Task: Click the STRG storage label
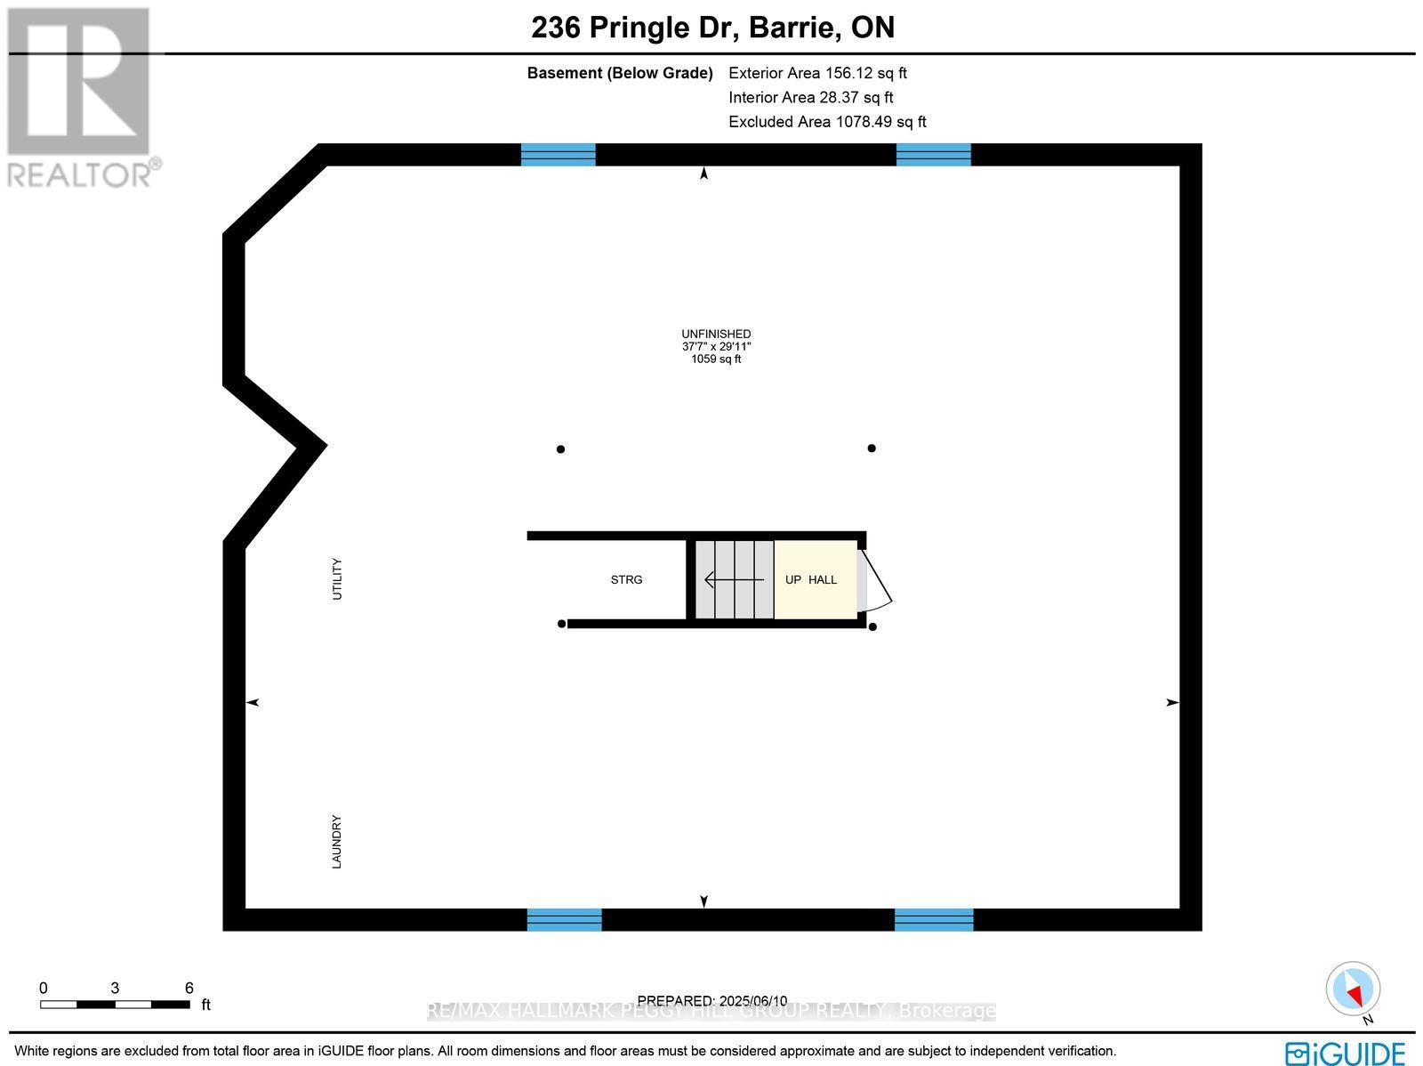(626, 580)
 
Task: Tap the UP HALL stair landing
(815, 579)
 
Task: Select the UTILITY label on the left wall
(337, 578)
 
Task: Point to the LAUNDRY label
(337, 842)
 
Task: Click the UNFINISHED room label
(716, 334)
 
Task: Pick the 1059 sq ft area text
(716, 359)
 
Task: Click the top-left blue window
(558, 155)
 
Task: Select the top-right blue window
(933, 155)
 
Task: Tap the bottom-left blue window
(564, 919)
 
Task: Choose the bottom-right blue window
(933, 919)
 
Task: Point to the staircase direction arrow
(734, 580)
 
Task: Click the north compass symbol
(1353, 989)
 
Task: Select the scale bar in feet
(115, 1005)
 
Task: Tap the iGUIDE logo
(1345, 1053)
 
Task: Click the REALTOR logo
(83, 98)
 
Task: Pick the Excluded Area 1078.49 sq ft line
(827, 122)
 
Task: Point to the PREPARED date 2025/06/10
(712, 1001)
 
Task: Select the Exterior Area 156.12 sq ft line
(817, 73)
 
